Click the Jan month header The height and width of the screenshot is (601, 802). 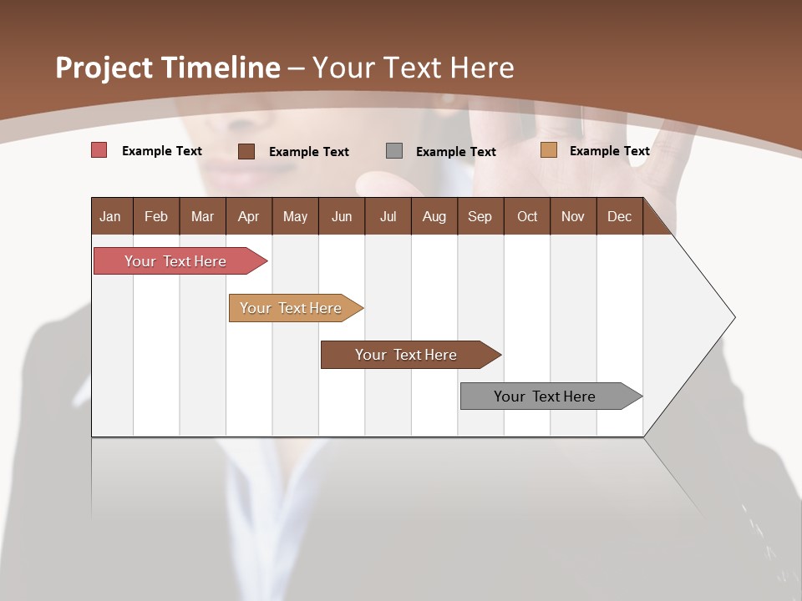pos(110,216)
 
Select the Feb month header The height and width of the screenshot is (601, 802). pos(156,216)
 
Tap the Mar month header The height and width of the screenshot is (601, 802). pos(202,216)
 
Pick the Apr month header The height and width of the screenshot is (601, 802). pos(248,216)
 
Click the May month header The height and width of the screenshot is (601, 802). pos(295,216)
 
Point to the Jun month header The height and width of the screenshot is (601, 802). pos(342,216)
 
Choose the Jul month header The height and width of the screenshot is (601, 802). pos(388,216)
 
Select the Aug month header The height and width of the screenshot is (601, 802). pos(434,216)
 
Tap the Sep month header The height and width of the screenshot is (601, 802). pos(480,216)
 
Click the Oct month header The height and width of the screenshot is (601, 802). pos(527,216)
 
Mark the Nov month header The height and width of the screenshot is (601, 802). pos(573,216)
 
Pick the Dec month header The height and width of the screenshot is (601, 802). pos(619,216)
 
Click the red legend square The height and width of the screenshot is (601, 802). pos(99,150)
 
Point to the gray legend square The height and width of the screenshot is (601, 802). pos(394,151)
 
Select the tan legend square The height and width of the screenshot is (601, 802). pos(548,150)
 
